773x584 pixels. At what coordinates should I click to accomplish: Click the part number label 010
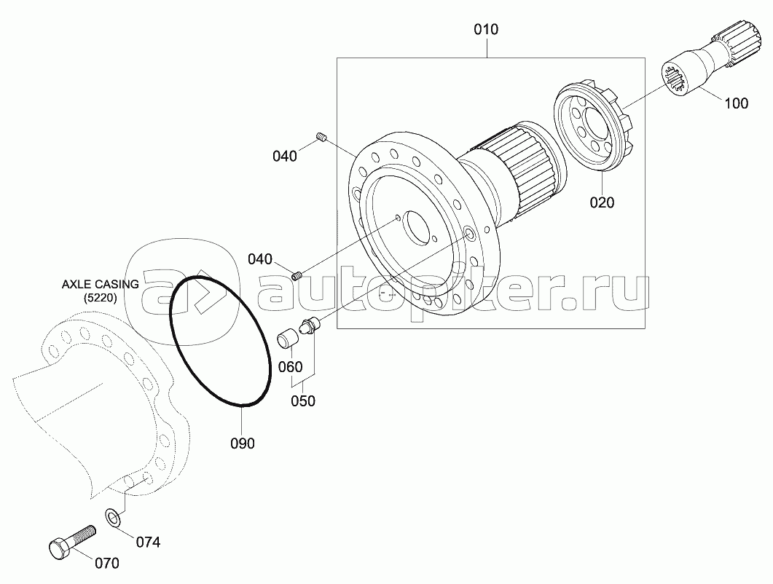coord(486,30)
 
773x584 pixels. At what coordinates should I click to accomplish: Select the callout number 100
coord(736,103)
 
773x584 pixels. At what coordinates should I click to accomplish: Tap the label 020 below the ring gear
coord(602,202)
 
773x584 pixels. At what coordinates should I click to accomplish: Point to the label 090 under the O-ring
coord(243,443)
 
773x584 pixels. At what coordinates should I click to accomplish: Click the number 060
coord(291,367)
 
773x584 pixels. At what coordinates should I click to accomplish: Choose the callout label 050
coord(302,401)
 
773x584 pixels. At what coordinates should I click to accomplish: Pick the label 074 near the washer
coord(148,542)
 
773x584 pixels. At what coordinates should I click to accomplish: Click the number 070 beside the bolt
coord(106,563)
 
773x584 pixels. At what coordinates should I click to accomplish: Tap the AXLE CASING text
coord(100,285)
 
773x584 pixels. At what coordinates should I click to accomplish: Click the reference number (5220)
coord(100,298)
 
